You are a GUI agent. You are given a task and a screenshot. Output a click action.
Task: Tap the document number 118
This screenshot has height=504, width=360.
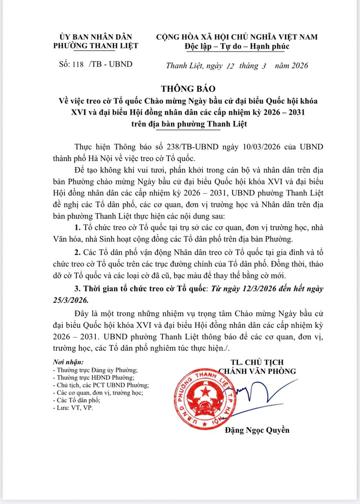tap(78, 64)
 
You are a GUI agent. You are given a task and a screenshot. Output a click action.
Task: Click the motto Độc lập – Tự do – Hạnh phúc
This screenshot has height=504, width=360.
tap(237, 46)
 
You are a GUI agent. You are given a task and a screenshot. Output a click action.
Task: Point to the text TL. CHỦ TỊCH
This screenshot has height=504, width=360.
tap(257, 362)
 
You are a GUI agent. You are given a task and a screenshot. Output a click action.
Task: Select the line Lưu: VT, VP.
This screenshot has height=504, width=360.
tap(73, 408)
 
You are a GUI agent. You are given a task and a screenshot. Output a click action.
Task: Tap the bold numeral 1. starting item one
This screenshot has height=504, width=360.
tap(77, 228)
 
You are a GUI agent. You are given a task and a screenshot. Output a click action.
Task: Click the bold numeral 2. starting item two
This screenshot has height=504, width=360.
tap(77, 253)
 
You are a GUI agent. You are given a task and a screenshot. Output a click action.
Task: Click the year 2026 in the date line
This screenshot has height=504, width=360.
tap(297, 65)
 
